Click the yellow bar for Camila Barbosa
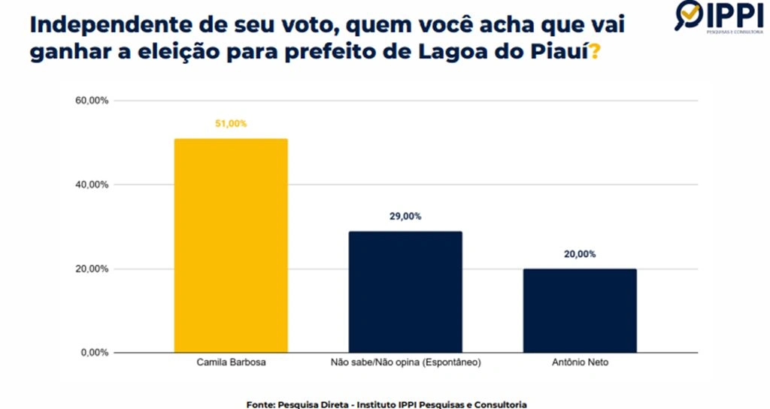pos(230,245)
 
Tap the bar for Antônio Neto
pos(579,311)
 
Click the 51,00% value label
pos(231,124)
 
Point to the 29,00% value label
pos(405,217)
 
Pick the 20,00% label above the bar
pos(580,254)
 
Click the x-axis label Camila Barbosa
pos(230,363)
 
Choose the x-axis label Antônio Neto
pos(579,363)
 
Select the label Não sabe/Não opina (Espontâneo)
pos(405,363)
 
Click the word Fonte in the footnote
pos(260,404)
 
